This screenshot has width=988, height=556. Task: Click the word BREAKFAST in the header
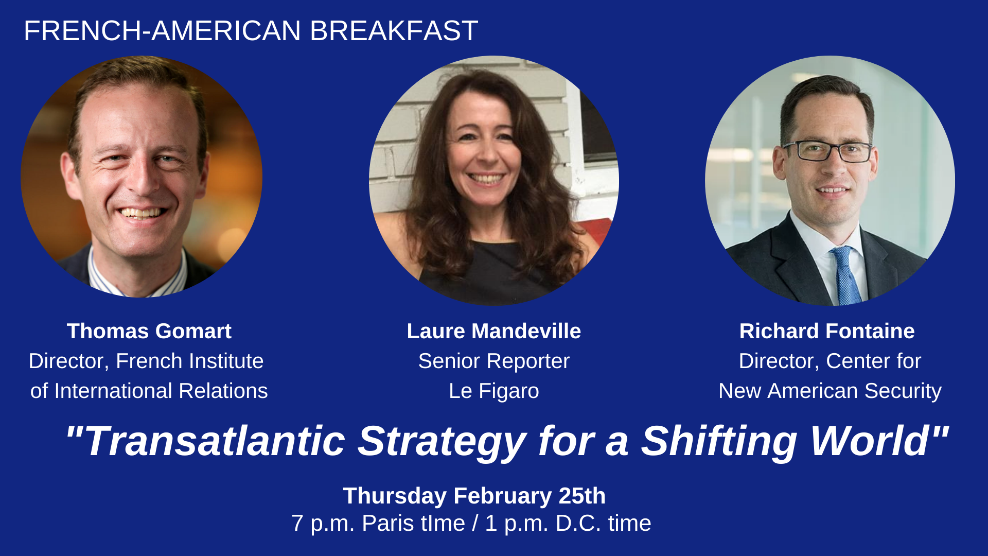point(394,31)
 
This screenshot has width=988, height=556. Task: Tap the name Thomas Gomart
point(149,331)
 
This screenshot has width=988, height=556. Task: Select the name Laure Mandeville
point(494,331)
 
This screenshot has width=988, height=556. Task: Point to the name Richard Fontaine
point(827,331)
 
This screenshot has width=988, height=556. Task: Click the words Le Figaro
point(494,391)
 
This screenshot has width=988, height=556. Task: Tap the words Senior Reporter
point(494,361)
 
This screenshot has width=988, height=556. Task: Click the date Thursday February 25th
point(474,496)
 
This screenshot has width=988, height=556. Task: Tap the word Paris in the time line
point(387,524)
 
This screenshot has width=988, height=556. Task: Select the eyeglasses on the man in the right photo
point(827,151)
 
